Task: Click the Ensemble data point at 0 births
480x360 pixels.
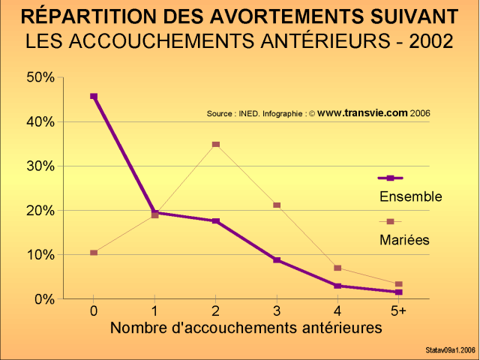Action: pyautogui.click(x=94, y=96)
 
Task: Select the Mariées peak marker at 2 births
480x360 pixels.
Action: pyautogui.click(x=216, y=144)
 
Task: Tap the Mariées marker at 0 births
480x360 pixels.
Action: pyautogui.click(x=94, y=253)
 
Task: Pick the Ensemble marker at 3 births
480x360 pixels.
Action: pyautogui.click(x=277, y=260)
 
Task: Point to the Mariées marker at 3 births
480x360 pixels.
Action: pyautogui.click(x=277, y=205)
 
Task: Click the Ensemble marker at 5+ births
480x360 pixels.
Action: pyautogui.click(x=399, y=292)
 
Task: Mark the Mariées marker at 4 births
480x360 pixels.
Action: pyautogui.click(x=338, y=268)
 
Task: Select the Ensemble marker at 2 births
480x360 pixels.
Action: pyautogui.click(x=216, y=221)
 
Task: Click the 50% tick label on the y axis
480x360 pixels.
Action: pyautogui.click(x=40, y=77)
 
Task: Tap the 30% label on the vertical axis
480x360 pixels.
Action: pyautogui.click(x=40, y=166)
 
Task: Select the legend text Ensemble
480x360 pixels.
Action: pyautogui.click(x=410, y=196)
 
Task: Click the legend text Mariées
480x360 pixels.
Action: pyautogui.click(x=404, y=240)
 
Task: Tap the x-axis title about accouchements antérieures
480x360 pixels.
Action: pyautogui.click(x=247, y=328)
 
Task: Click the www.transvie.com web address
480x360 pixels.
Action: pyautogui.click(x=362, y=113)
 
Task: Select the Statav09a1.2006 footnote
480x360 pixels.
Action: pyautogui.click(x=448, y=349)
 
